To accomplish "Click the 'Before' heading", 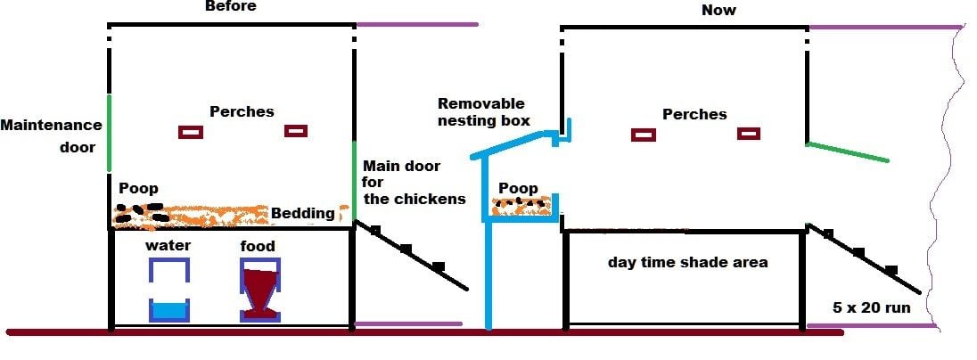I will (x=230, y=6).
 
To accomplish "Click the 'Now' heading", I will (x=718, y=10).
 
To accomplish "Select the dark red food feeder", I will (x=260, y=290).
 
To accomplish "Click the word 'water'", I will (x=168, y=246).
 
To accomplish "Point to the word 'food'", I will (x=258, y=246).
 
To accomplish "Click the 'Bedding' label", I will (x=303, y=213).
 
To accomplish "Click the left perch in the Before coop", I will (x=191, y=132).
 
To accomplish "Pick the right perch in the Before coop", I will (x=296, y=131).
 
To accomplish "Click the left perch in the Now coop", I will (x=644, y=135).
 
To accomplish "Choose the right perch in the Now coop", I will (x=749, y=134).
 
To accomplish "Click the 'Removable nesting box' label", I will (x=484, y=112).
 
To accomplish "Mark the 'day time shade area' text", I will (x=687, y=262).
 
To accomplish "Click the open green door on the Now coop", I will (x=847, y=151).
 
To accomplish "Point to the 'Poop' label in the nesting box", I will (x=518, y=188).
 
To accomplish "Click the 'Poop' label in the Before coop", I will (x=138, y=189).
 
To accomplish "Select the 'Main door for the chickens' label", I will (x=414, y=183).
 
